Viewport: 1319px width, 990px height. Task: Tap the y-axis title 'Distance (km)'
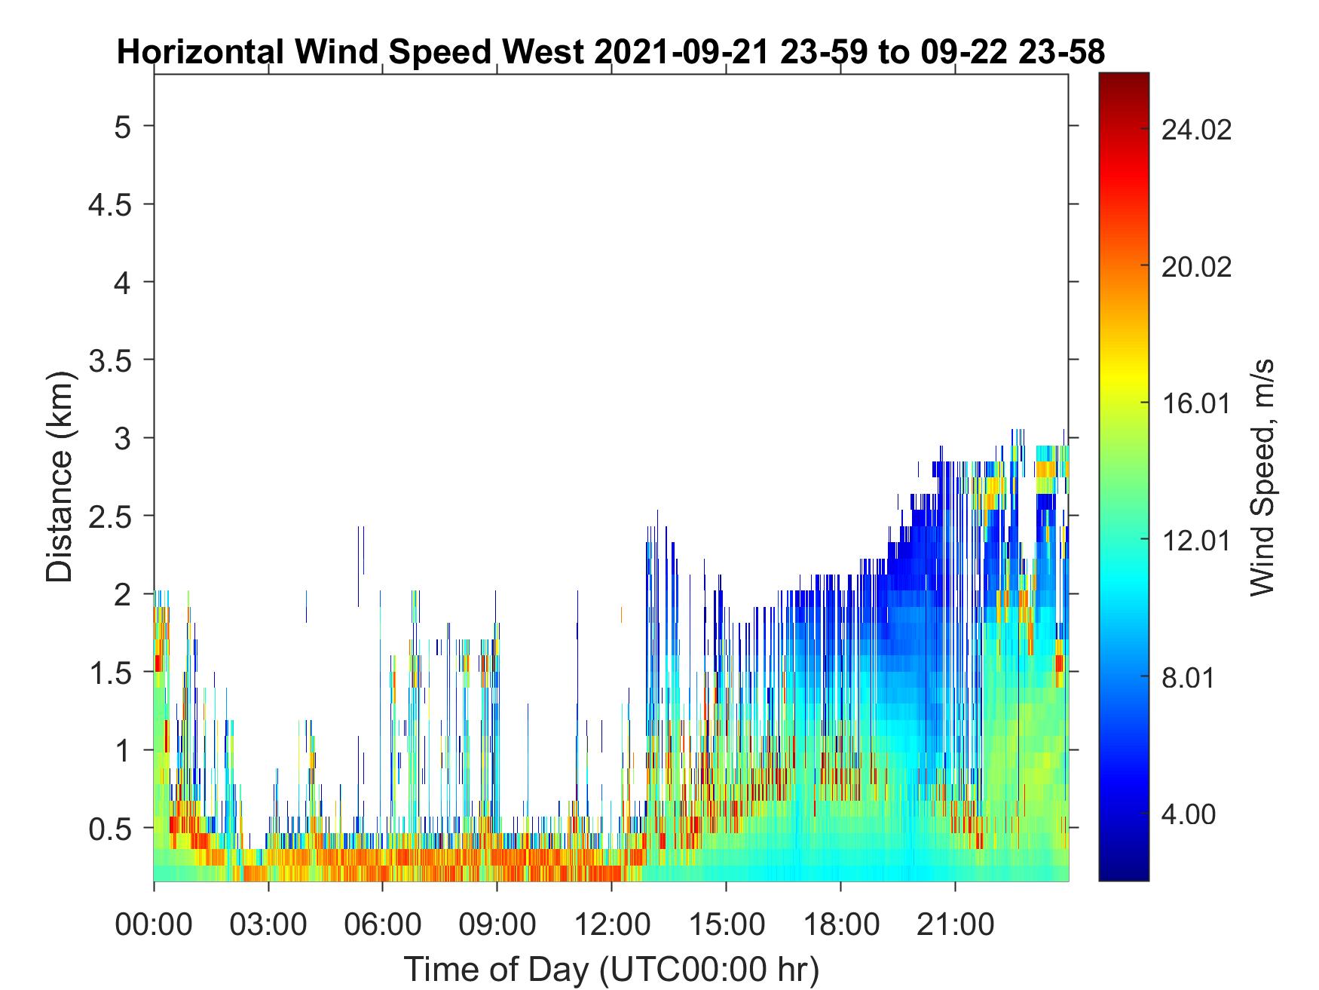pos(60,477)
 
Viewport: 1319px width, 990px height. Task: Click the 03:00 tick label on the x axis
pos(268,924)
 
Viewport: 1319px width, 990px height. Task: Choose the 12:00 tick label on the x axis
pos(611,924)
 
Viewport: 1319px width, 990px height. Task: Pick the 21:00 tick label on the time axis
pos(955,924)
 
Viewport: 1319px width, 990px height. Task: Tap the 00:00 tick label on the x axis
pos(154,924)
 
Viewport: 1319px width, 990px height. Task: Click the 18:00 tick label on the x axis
pos(840,924)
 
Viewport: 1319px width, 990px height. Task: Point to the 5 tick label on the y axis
pos(123,126)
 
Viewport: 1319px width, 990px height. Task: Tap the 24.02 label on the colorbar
pos(1196,130)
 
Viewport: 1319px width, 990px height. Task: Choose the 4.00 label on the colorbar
pos(1189,815)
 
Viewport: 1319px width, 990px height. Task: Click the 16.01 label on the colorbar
pos(1196,404)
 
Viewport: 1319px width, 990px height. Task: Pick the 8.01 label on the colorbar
pos(1189,678)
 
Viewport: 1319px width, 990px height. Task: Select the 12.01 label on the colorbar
pos(1196,541)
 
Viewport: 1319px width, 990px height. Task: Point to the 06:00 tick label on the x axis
pos(383,924)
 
